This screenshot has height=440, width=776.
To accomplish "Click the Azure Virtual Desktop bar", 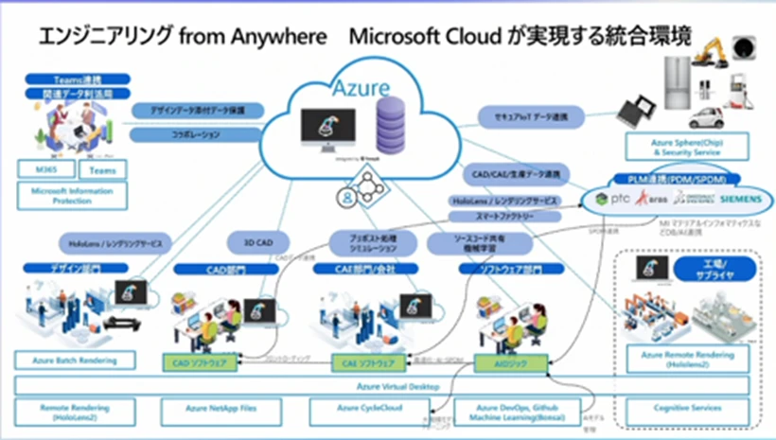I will pos(379,386).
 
